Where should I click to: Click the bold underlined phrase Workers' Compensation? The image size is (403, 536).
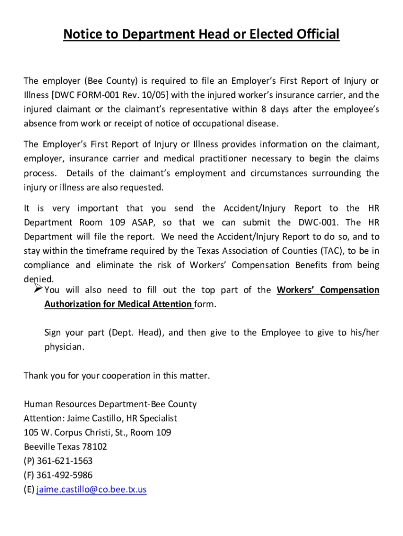[x=328, y=289]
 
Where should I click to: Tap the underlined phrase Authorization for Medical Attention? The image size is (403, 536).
[x=118, y=304]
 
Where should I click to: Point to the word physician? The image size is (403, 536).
[x=63, y=347]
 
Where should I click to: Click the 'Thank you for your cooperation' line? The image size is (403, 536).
[x=117, y=376]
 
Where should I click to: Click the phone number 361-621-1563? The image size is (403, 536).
[x=64, y=461]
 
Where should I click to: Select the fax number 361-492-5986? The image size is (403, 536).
[x=64, y=475]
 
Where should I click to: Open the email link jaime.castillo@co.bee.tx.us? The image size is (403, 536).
[x=92, y=490]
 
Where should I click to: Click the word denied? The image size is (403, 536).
[x=39, y=279]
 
